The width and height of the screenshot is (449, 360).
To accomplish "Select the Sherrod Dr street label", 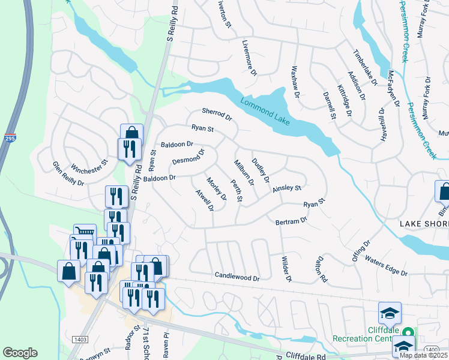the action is pyautogui.click(x=217, y=113).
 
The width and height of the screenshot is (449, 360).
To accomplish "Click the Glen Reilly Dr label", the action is pyautogui.click(x=68, y=174).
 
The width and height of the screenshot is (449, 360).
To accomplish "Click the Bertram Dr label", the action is pyautogui.click(x=291, y=221).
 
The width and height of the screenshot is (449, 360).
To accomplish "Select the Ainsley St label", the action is pyautogui.click(x=286, y=188).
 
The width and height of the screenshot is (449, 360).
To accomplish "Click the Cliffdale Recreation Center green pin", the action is pyautogui.click(x=408, y=332).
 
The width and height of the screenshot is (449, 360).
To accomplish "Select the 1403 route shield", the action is pyautogui.click(x=80, y=340).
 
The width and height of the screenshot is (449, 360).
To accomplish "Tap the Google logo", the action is pyautogui.click(x=20, y=353).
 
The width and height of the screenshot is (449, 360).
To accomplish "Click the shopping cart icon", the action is pyautogui.click(x=85, y=232).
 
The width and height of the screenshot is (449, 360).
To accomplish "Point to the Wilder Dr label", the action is pyautogui.click(x=286, y=269).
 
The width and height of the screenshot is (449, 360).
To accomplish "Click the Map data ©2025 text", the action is pyautogui.click(x=423, y=355).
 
